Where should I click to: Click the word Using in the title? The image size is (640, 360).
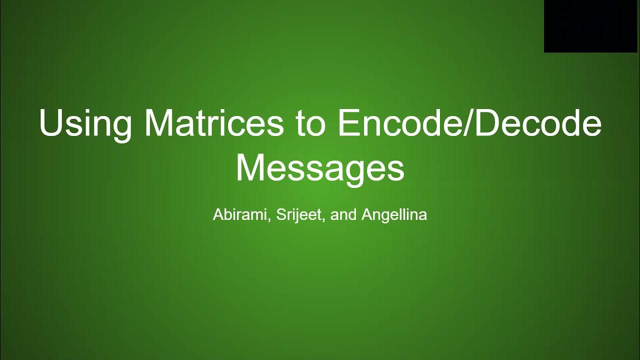point(85,123)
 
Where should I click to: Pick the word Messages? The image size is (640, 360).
point(320,168)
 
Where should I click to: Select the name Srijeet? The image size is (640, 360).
point(299,215)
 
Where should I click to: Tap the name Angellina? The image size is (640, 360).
point(394,215)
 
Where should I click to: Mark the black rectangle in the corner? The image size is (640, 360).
point(592,26)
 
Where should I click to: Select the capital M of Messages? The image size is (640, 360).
point(250,167)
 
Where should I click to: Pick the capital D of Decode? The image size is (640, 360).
point(486,122)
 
